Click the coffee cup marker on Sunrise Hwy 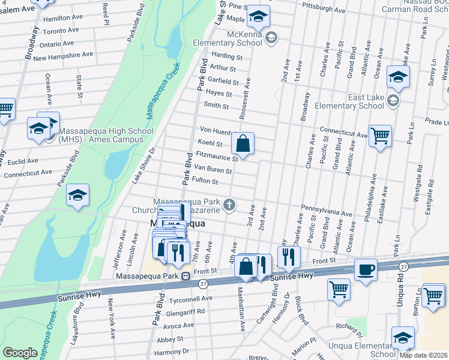pyautogui.click(x=366, y=269)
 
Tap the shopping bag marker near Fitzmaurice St pyautogui.click(x=243, y=143)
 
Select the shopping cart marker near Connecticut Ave pyautogui.click(x=381, y=136)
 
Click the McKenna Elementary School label pyautogui.click(x=229, y=38)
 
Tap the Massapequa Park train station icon pyautogui.click(x=187, y=277)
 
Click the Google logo pyautogui.click(x=20, y=353)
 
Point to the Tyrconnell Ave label pyautogui.click(x=191, y=298)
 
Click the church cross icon pyautogui.click(x=228, y=205)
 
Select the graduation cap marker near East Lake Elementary pyautogui.click(x=398, y=77)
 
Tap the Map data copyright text pyautogui.click(x=423, y=355)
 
